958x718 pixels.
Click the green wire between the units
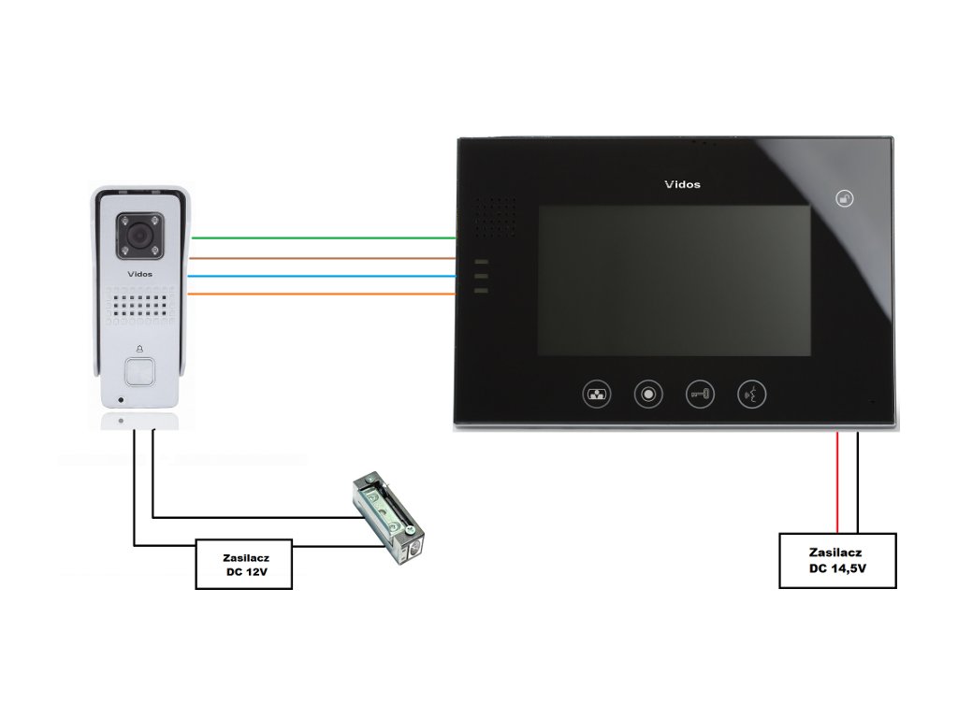(x=323, y=238)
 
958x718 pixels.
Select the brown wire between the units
(x=323, y=257)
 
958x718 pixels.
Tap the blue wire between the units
(x=323, y=276)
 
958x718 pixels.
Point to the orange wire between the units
(x=323, y=294)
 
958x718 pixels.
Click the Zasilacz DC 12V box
(x=243, y=564)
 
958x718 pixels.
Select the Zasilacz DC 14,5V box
(x=837, y=560)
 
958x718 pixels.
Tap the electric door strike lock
(x=387, y=520)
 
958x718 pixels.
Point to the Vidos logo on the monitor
(x=682, y=184)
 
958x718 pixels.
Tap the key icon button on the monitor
(x=699, y=394)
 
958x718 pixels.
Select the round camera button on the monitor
(x=647, y=394)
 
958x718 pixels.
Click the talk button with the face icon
(x=752, y=394)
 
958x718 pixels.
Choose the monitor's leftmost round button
(x=597, y=394)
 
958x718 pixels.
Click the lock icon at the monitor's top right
(x=844, y=199)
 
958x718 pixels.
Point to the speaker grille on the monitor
(x=494, y=216)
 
